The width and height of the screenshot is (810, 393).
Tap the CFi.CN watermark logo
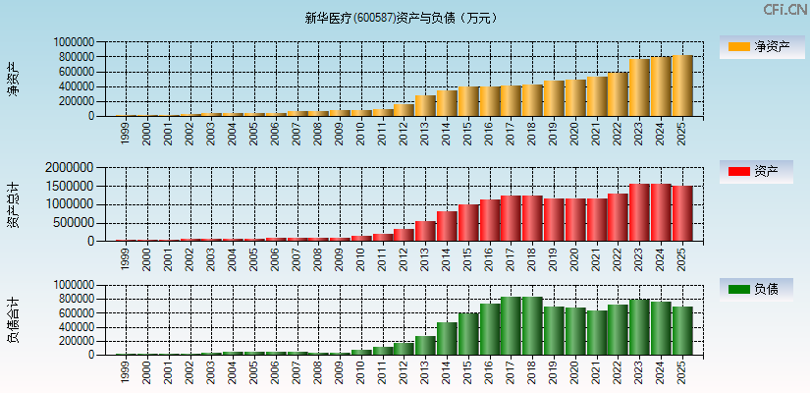784,10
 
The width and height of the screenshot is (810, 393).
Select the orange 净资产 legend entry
761,46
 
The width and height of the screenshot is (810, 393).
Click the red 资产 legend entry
761,172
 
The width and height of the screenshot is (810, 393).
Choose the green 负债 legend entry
761,289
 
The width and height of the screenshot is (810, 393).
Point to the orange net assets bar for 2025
683,86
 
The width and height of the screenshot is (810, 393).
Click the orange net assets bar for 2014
447,103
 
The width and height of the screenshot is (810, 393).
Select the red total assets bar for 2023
640,212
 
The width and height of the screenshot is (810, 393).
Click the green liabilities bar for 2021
597,333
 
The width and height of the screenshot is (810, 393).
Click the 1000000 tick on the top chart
75,43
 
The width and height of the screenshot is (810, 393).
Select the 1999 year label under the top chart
125,133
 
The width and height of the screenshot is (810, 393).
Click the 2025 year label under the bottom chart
683,371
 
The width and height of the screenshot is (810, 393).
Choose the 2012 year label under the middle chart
404,257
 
